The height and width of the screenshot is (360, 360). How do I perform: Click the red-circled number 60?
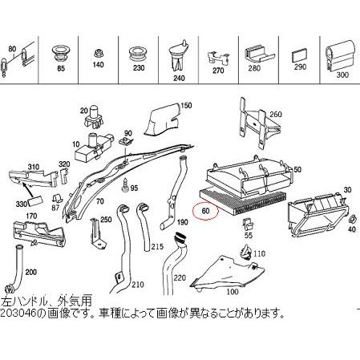pyautogui.click(x=206, y=212)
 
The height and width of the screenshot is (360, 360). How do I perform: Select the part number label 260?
pyautogui.click(x=277, y=114)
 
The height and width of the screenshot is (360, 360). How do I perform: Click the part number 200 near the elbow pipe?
pyautogui.click(x=30, y=273)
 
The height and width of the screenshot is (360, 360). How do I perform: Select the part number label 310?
pyautogui.click(x=34, y=167)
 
